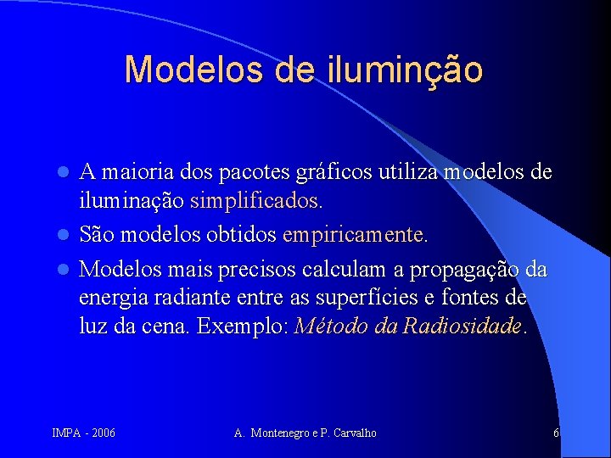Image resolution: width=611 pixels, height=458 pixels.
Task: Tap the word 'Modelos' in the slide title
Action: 195,69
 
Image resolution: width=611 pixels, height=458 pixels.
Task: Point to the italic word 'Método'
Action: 324,327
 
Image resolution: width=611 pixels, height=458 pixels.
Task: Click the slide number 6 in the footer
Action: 556,433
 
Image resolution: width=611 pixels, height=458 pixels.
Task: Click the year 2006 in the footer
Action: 103,433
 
